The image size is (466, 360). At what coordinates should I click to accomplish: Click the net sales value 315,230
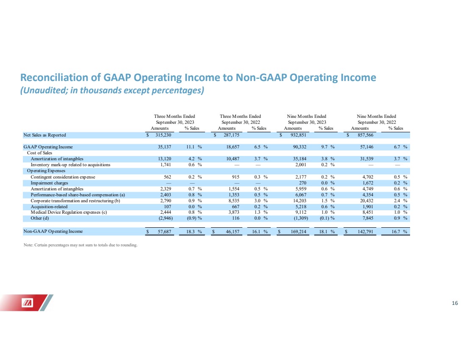tap(163, 135)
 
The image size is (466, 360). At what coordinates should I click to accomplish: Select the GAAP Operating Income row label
tap(48, 147)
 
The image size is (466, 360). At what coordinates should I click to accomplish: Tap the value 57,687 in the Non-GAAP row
tap(164, 232)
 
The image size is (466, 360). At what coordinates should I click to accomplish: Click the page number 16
tap(455, 303)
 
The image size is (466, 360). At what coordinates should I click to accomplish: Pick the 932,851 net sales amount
tap(298, 135)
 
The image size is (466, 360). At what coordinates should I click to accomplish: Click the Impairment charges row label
tap(49, 183)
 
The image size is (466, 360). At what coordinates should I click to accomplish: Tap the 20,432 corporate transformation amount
tap(366, 201)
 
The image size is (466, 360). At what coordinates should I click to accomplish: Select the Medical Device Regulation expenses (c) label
tap(69, 212)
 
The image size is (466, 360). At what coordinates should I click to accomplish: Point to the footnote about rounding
tap(80, 245)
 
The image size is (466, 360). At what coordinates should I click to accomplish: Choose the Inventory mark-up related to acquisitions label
tap(70, 165)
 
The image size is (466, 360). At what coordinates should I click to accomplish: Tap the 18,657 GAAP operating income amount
tap(232, 147)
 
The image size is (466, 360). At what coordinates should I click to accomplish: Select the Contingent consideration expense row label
tap(63, 177)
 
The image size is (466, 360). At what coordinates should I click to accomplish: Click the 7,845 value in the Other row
tap(367, 218)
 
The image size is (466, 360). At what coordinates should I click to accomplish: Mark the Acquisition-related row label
tap(49, 207)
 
